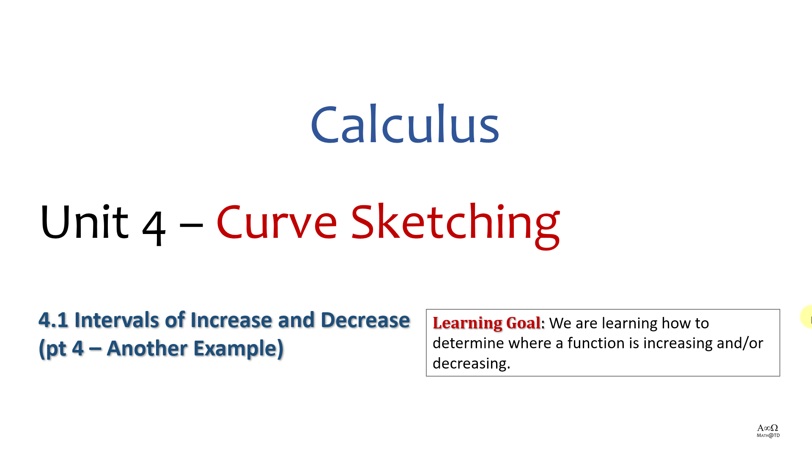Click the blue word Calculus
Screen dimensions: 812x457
405,124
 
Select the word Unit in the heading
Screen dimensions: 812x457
84,222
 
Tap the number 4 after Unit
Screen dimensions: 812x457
154,228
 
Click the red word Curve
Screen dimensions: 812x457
277,222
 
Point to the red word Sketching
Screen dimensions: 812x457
455,225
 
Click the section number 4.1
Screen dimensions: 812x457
53,320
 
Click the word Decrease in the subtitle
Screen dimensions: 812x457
365,320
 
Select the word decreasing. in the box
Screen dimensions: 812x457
472,363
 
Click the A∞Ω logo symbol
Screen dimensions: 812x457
768,428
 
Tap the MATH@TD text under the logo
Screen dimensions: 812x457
768,435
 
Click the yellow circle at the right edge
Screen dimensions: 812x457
807,317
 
